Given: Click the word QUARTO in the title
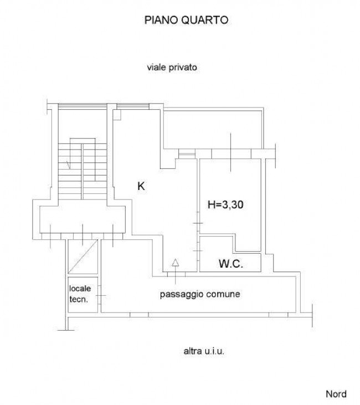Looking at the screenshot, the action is coord(205,20).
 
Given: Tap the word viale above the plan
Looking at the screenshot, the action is coord(157,68).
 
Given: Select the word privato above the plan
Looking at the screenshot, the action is coord(183,68).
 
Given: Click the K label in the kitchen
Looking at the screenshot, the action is coord(141,186).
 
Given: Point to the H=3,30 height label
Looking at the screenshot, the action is coord(225,204).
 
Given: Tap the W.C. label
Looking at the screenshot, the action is coord(231,264).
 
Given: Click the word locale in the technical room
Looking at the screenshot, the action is coord(80,288).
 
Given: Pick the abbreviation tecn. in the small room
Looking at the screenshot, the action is coord(79,299).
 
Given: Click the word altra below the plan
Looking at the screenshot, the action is coord(193,351).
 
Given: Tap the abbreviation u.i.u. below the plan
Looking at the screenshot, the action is coord(214,351).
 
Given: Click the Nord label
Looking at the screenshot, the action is coord(336,394).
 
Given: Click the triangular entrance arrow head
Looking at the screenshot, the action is coord(176,263).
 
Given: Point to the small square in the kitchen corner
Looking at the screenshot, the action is coord(117,115).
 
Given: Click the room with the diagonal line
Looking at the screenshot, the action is coord(83,257).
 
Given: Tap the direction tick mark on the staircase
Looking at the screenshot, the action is coord(69,165).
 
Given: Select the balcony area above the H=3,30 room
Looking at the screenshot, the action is coord(213,130).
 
